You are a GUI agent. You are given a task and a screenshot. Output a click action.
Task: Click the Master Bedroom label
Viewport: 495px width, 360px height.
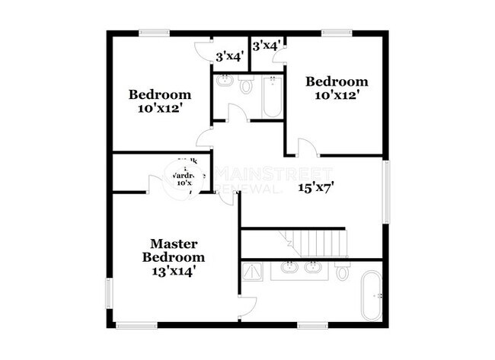point(174,250)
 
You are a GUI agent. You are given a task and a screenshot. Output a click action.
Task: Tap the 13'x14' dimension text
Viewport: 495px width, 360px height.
point(174,271)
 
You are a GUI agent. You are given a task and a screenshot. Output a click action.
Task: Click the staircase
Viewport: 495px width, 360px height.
point(317,242)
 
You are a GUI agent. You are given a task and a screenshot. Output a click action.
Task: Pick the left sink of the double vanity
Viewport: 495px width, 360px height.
point(289,267)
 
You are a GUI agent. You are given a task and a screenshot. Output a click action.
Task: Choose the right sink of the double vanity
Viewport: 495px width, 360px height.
point(312,267)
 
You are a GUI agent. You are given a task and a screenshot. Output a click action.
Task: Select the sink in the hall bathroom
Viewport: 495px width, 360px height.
point(225,81)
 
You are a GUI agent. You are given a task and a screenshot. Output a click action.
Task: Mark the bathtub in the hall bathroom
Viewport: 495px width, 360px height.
point(272,97)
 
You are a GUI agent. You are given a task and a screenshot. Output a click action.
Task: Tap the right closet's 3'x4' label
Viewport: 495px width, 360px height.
point(267,46)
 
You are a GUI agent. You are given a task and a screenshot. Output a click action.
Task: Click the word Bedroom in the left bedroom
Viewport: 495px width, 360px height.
point(159,95)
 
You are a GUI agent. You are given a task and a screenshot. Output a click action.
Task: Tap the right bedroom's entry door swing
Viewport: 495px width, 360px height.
point(304,149)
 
